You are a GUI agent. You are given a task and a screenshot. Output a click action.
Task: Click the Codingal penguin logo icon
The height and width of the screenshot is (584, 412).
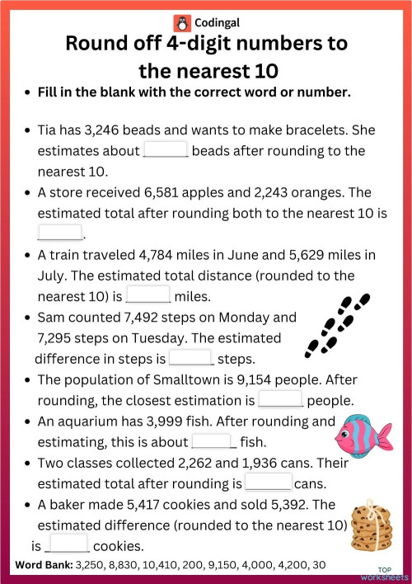tap(181, 22)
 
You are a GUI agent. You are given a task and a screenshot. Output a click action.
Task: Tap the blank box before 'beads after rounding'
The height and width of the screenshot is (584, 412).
tap(166, 151)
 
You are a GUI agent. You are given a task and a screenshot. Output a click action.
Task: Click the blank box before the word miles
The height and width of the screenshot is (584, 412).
tap(148, 295)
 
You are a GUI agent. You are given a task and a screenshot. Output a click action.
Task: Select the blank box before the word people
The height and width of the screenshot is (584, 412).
tap(281, 400)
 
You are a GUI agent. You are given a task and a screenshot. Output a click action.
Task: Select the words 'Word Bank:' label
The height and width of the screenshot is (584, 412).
tap(44, 565)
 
